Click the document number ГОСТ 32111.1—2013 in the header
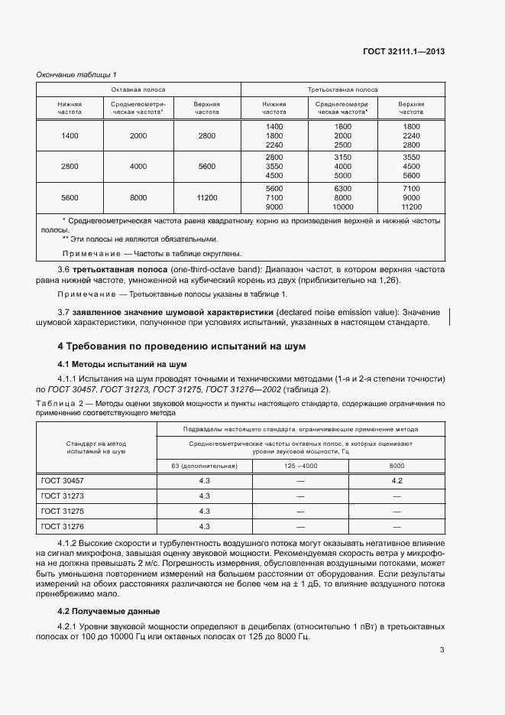pyautogui.click(x=403, y=52)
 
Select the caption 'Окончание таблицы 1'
pyautogui.click(x=76, y=74)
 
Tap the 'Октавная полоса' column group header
pyautogui.click(x=138, y=89)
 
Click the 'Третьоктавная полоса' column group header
pyautogui.click(x=342, y=89)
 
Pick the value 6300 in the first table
pyautogui.click(x=342, y=188)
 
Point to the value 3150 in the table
pyautogui.click(x=342, y=157)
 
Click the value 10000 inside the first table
pyautogui.click(x=342, y=206)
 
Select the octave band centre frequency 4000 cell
pyautogui.click(x=138, y=166)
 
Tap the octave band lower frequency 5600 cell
pyautogui.click(x=70, y=197)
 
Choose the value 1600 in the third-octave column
pyautogui.click(x=342, y=125)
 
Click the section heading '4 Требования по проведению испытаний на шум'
pyautogui.click(x=183, y=346)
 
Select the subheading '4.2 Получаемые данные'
pyautogui.click(x=108, y=611)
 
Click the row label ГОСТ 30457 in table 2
pyautogui.click(x=63, y=481)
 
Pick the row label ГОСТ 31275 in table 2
pyautogui.click(x=63, y=511)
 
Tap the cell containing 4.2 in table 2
pyautogui.click(x=397, y=481)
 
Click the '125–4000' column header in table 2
pyautogui.click(x=300, y=466)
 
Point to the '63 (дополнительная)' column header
pyautogui.click(x=204, y=466)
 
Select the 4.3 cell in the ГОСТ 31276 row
pyautogui.click(x=204, y=526)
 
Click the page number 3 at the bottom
pyautogui.click(x=442, y=651)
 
